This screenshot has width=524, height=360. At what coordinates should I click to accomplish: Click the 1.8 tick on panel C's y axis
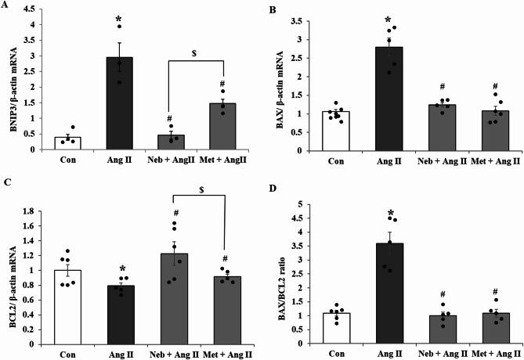point(46,211)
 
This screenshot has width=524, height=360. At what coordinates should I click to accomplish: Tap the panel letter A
point(5,5)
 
